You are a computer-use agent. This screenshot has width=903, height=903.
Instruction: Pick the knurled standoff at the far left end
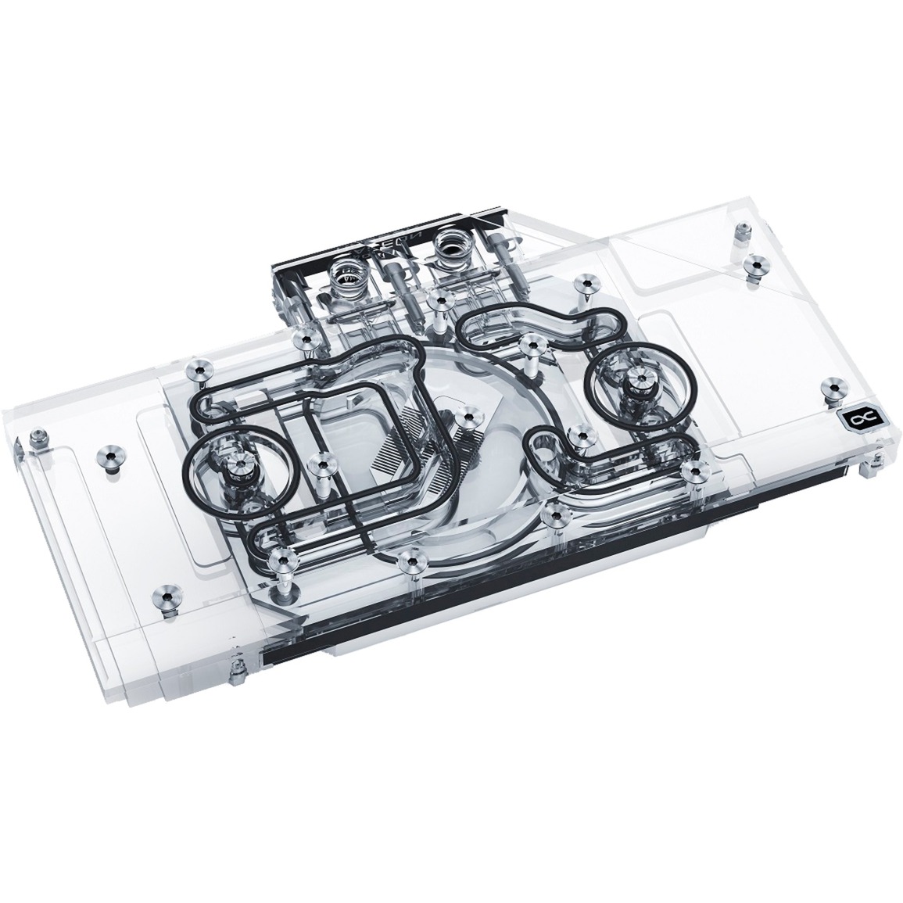pyautogui.click(x=36, y=439)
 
